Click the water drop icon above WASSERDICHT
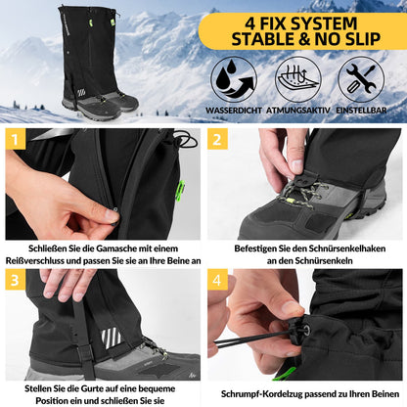point(234,77)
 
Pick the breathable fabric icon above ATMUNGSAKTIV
point(297,77)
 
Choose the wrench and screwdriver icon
point(361,77)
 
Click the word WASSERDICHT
point(234,109)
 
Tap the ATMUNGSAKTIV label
point(297,109)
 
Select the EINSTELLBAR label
point(361,109)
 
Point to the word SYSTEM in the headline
point(323,20)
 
